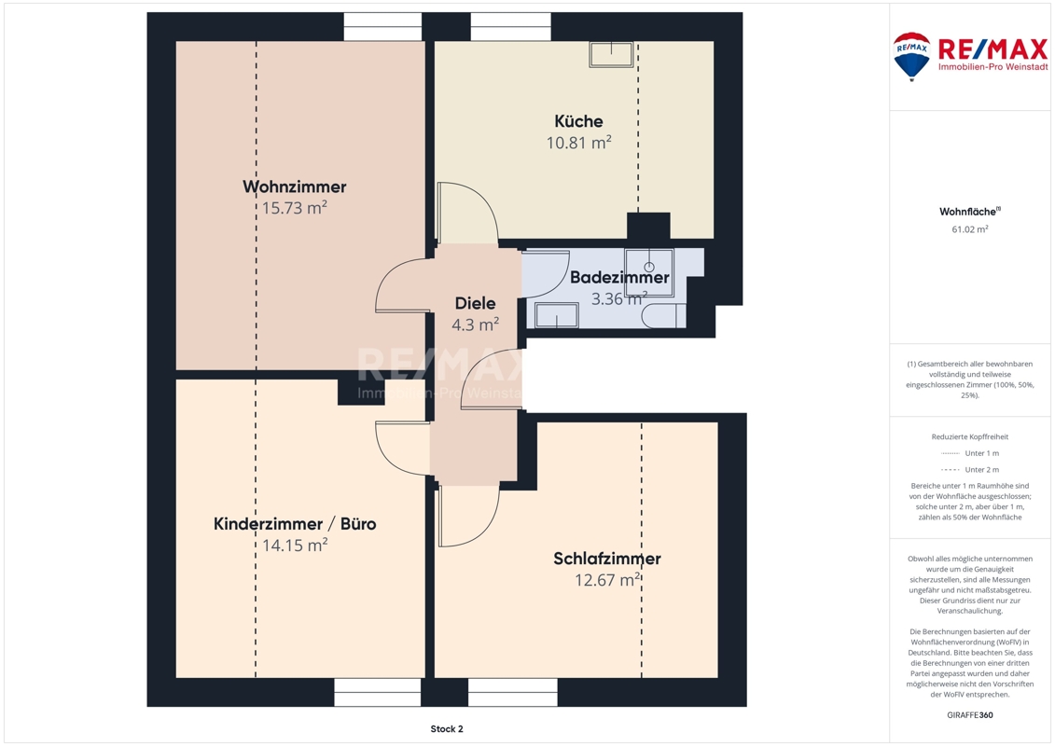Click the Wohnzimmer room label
point(295,186)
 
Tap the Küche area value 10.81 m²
point(578,143)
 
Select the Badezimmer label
point(619,277)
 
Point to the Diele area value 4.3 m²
point(475,325)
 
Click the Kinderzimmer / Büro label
point(295,524)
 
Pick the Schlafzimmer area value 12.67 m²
point(607,580)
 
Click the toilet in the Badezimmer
point(663,316)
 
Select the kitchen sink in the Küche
point(611,54)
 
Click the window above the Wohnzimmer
point(382,27)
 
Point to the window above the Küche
point(510,27)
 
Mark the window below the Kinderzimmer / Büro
point(378,692)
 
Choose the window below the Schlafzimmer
point(513,692)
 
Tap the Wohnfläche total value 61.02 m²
point(969,229)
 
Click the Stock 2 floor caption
point(447,729)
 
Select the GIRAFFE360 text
point(969,715)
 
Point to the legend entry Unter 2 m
point(981,470)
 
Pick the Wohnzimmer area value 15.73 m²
point(295,208)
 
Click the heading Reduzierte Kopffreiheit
point(969,436)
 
